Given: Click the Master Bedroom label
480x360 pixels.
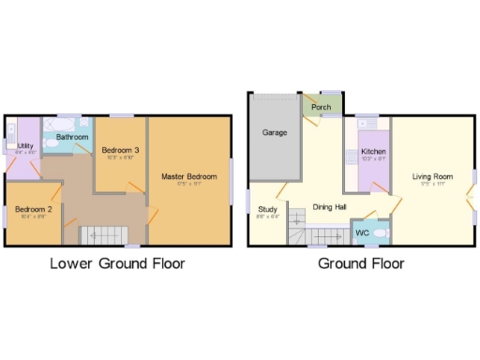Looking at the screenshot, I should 189,176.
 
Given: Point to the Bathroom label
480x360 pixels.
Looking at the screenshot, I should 72,137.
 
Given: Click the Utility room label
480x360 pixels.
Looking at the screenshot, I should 25,145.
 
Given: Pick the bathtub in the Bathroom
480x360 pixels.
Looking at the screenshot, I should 62,124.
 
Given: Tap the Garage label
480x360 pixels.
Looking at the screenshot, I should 274,133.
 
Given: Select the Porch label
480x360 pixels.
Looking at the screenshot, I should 321,107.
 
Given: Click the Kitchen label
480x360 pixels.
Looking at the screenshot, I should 374,152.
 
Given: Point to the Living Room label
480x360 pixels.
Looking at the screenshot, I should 433,176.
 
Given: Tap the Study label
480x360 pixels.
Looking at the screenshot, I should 267,208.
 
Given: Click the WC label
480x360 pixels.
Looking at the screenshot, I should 362,232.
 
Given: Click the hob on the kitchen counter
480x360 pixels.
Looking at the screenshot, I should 352,156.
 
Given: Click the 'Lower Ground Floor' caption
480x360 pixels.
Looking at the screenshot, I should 117,264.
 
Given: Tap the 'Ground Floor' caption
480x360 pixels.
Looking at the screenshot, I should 361,264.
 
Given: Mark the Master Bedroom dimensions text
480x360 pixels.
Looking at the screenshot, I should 189,184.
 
